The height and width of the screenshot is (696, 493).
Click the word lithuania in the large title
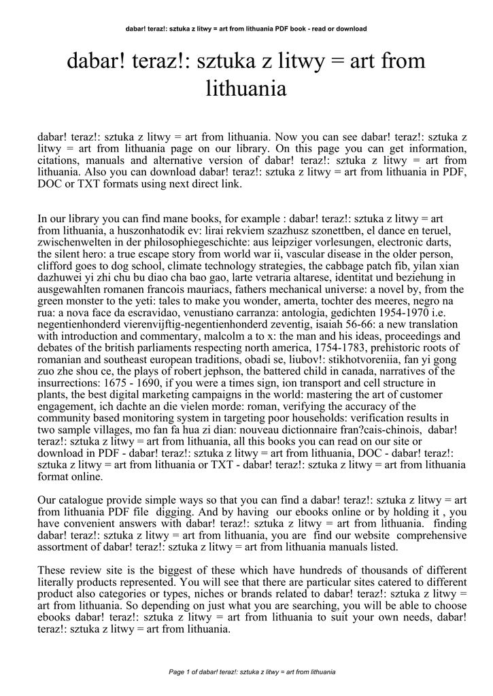click(x=245, y=88)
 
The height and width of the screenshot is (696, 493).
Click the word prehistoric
click(x=397, y=347)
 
